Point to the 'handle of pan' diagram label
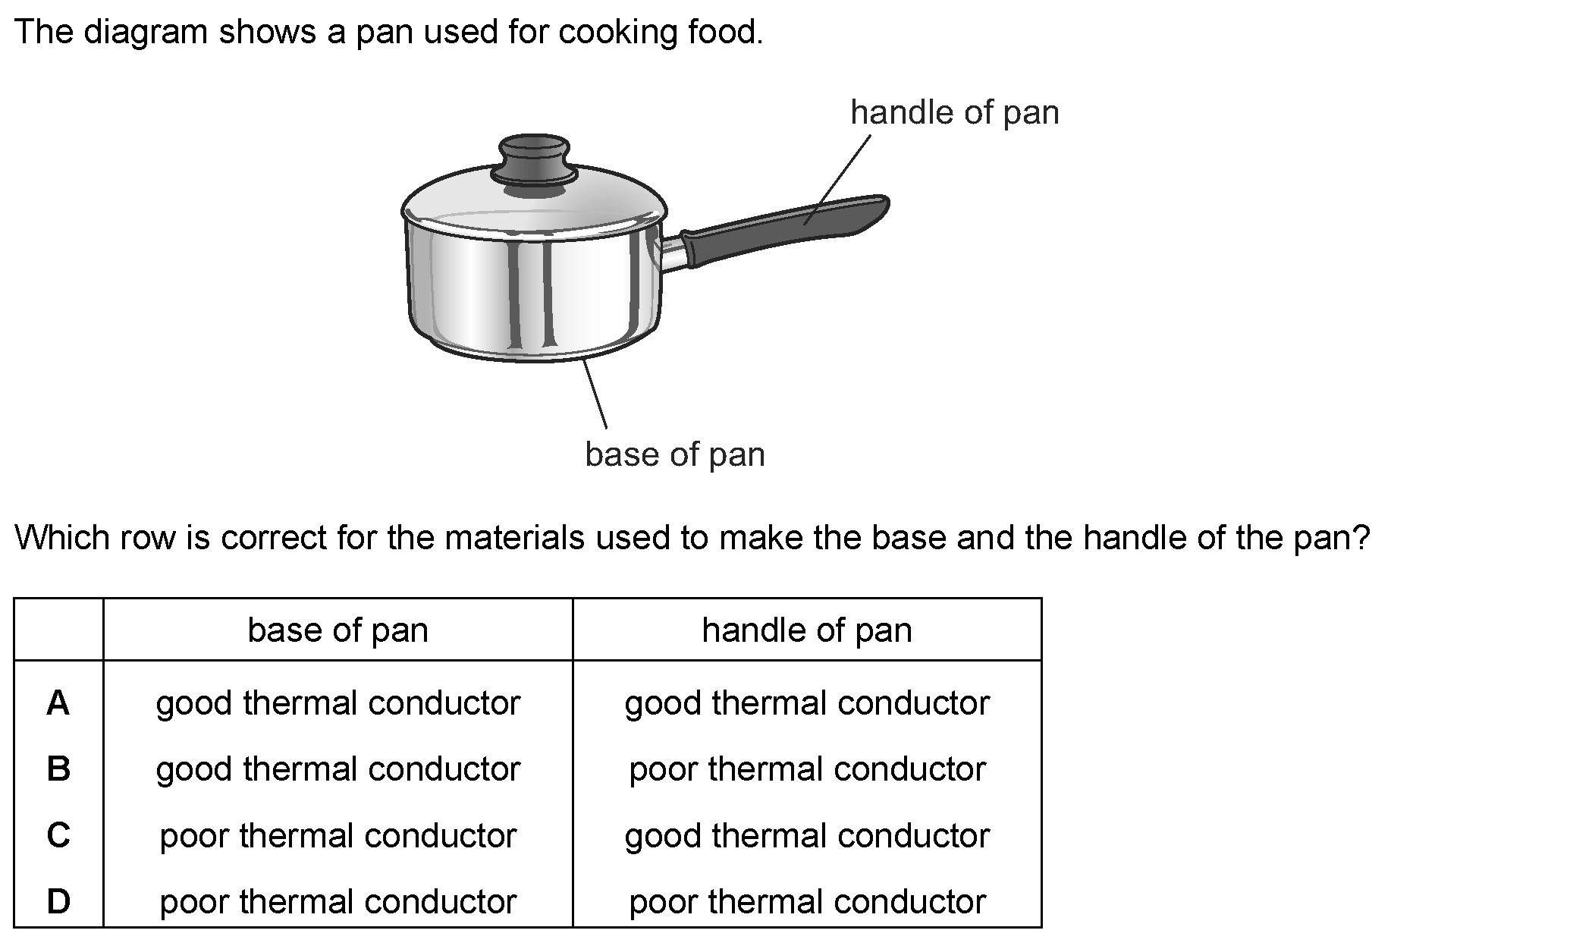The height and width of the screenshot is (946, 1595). pyautogui.click(x=954, y=112)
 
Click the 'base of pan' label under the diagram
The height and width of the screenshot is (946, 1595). pyautogui.click(x=674, y=454)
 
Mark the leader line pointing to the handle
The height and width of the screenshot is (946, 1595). pyautogui.click(x=838, y=179)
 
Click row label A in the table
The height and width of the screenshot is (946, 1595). pyautogui.click(x=58, y=703)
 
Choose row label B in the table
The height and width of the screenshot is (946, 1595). pyautogui.click(x=58, y=769)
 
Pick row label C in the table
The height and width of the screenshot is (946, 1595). pyautogui.click(x=58, y=835)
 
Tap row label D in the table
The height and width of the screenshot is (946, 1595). pyautogui.click(x=58, y=901)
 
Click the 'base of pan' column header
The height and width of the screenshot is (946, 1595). pyautogui.click(x=338, y=630)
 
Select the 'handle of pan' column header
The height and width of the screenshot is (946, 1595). pyautogui.click(x=806, y=630)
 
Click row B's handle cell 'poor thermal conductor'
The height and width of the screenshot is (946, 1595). pyautogui.click(x=806, y=769)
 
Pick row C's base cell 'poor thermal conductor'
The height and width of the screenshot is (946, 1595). pyautogui.click(x=338, y=835)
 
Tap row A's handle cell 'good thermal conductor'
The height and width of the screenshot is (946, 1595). pyautogui.click(x=806, y=703)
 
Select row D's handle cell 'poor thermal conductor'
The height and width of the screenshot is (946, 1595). pyautogui.click(x=806, y=901)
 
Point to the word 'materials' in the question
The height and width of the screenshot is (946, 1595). pyautogui.click(x=514, y=538)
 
